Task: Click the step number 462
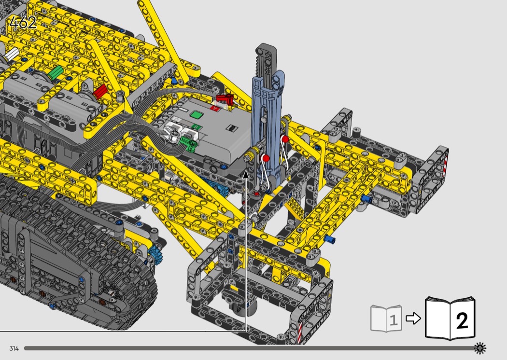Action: (x=23, y=23)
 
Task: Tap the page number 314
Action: (x=14, y=348)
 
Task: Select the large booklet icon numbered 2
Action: (x=450, y=318)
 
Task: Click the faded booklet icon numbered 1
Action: (x=386, y=318)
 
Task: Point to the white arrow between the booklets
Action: (x=413, y=318)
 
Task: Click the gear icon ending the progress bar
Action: (x=480, y=348)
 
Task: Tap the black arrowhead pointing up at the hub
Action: (x=246, y=175)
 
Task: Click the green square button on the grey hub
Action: (x=196, y=115)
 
